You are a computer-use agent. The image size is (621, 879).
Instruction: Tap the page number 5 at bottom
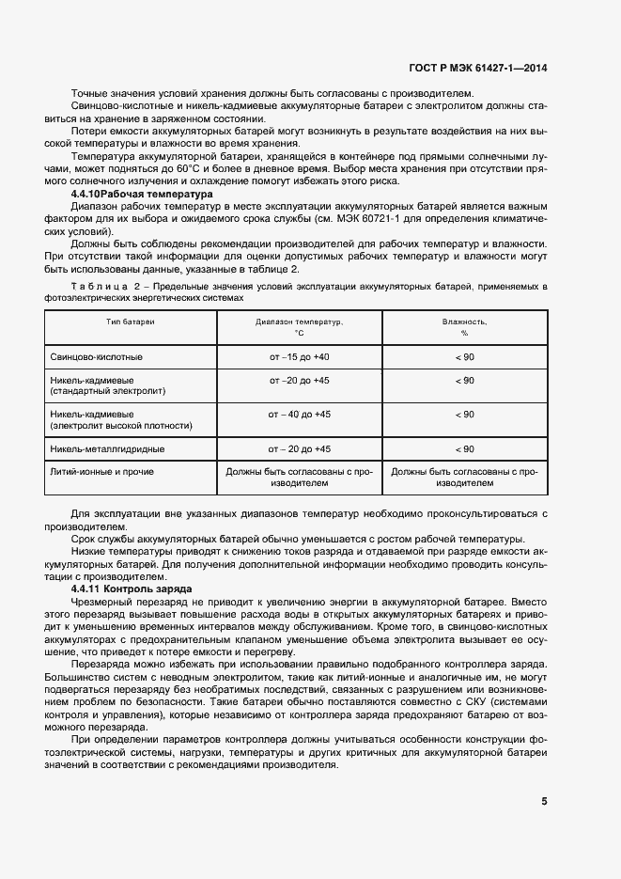[x=544, y=801]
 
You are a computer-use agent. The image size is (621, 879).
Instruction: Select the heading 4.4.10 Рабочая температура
[x=142, y=194]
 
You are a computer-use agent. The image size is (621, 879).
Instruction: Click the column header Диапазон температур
[x=299, y=326]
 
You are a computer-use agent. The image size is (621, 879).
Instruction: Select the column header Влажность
[x=464, y=326]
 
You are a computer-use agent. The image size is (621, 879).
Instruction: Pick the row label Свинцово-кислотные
[x=95, y=357]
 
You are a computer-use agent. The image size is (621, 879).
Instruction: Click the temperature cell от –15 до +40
[x=299, y=357]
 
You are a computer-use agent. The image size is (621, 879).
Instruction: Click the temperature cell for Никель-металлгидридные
[x=299, y=449]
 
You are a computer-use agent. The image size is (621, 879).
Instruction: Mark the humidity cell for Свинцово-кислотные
[x=464, y=357]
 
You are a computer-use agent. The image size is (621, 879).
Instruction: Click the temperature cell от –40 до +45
[x=299, y=414]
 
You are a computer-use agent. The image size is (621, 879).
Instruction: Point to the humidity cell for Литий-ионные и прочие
[x=464, y=477]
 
